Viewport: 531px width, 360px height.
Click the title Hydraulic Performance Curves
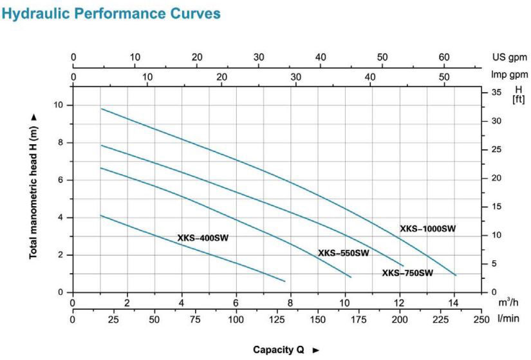tap(111, 13)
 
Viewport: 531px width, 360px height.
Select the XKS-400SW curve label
tap(203, 238)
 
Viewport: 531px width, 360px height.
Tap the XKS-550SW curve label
tap(343, 253)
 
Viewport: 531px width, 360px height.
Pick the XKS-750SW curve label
tap(407, 273)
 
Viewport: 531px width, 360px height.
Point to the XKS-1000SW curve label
tap(428, 229)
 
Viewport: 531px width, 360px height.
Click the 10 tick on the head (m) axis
tap(59, 105)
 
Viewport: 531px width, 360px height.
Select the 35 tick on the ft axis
tap(496, 93)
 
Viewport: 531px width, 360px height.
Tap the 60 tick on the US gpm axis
tap(443, 57)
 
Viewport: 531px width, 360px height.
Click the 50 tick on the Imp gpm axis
tap(444, 77)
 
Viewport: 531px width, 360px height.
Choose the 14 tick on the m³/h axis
tap(454, 303)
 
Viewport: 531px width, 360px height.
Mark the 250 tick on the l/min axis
tap(481, 319)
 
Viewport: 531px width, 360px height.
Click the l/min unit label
tap(507, 319)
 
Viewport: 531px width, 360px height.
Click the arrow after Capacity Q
tap(316, 350)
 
